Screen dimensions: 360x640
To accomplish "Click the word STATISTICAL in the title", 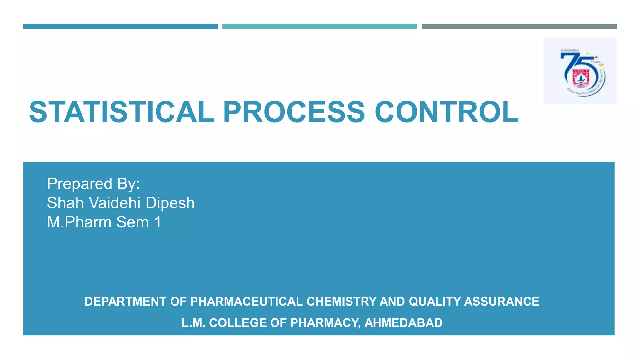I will pyautogui.click(x=122, y=112).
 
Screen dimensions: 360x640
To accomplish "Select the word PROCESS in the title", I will pyautogui.click(x=294, y=112).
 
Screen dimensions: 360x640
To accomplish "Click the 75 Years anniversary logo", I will pyautogui.click(x=580, y=71).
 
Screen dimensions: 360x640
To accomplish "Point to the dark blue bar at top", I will pyautogui.click(x=120, y=27).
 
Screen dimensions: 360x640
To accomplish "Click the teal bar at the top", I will pyautogui.click(x=319, y=27).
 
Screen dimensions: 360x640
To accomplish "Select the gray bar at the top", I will pyautogui.click(x=519, y=27).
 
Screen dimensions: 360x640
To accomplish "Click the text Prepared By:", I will pyautogui.click(x=93, y=184).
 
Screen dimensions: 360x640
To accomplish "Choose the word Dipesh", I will pyautogui.click(x=170, y=203).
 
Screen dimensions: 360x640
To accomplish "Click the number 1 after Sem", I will pyautogui.click(x=158, y=222).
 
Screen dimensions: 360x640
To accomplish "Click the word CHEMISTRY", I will pyautogui.click(x=341, y=302).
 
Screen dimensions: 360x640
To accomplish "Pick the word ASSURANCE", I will pyautogui.click(x=502, y=302).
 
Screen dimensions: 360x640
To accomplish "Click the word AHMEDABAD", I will pyautogui.click(x=403, y=323).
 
